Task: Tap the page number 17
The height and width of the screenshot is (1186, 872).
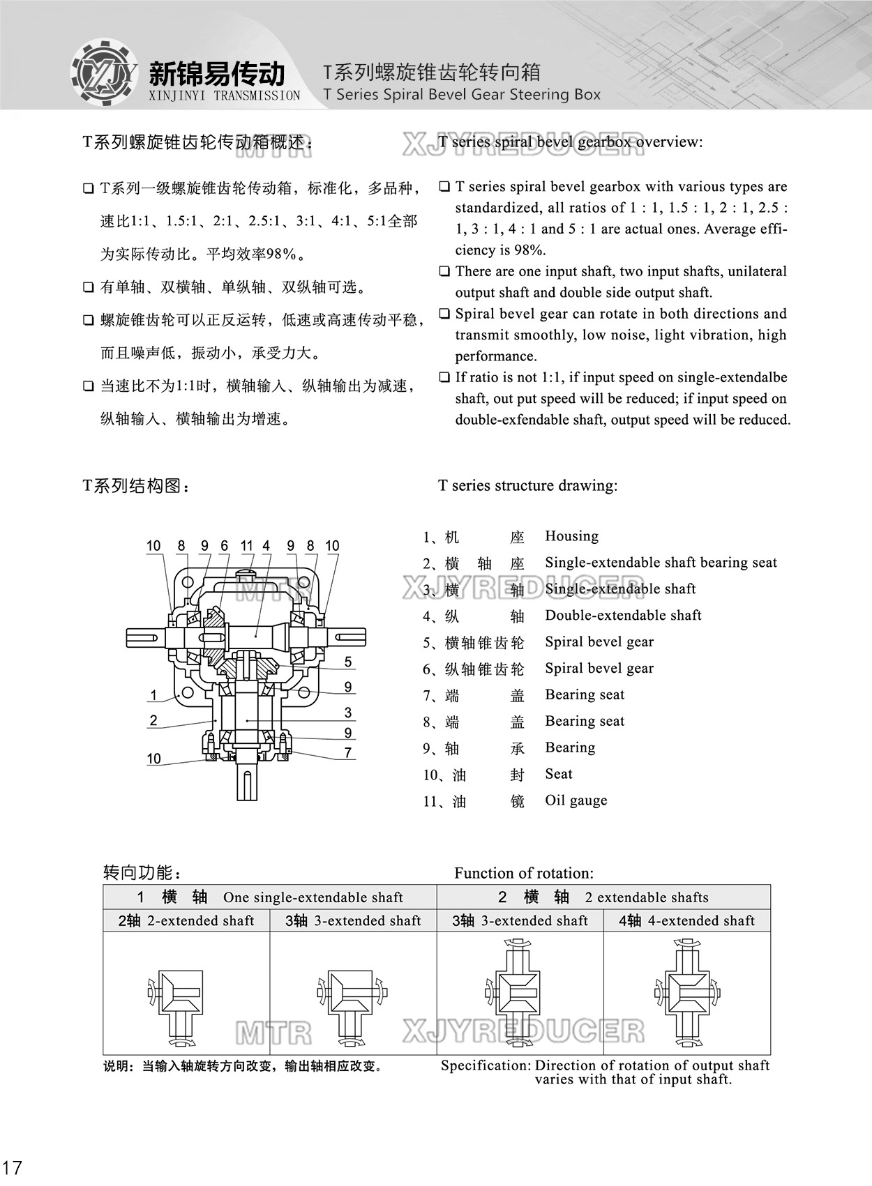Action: (13, 1167)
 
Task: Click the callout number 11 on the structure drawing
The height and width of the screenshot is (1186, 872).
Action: (246, 546)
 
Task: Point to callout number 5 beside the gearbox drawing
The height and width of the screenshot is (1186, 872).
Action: (348, 662)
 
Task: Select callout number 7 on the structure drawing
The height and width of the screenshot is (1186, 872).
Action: (348, 753)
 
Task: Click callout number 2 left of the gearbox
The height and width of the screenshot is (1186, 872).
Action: (153, 720)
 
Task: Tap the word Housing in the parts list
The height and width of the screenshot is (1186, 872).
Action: (571, 536)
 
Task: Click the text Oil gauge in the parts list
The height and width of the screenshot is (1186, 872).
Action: (576, 800)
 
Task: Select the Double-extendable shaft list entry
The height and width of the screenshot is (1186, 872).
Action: (623, 615)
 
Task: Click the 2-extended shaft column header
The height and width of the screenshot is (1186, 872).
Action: (186, 920)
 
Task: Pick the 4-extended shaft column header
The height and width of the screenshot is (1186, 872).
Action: (686, 920)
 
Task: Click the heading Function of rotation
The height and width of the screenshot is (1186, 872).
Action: (524, 873)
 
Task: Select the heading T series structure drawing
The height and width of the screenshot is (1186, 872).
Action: (527, 485)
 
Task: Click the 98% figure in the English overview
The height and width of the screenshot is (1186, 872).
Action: (529, 250)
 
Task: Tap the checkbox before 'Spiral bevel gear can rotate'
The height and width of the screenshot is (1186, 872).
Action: (444, 314)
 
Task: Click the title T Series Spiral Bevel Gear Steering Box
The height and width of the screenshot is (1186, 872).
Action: (462, 95)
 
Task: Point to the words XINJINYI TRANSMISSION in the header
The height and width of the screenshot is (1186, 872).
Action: (225, 96)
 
